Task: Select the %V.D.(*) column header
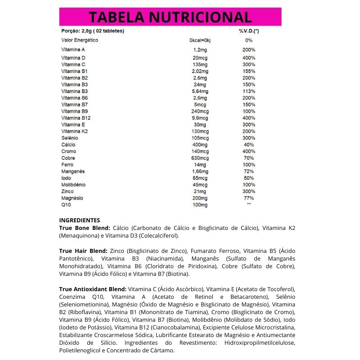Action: click(x=249, y=31)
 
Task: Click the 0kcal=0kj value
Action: click(x=200, y=40)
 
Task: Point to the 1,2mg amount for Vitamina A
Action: click(x=199, y=49)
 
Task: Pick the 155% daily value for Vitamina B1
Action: click(x=249, y=71)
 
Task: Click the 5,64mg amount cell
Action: click(x=200, y=91)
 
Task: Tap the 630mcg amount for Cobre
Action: click(x=200, y=158)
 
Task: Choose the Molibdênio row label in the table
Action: click(x=73, y=184)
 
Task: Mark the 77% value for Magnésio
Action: click(x=249, y=198)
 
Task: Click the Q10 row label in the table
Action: click(x=66, y=205)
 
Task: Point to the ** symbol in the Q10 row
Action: click(x=249, y=205)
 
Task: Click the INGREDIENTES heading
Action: click(x=80, y=220)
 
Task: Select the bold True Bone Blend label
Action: click(x=85, y=228)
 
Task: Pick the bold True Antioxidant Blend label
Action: click(x=93, y=288)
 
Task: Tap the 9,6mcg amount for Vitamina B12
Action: click(x=200, y=118)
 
